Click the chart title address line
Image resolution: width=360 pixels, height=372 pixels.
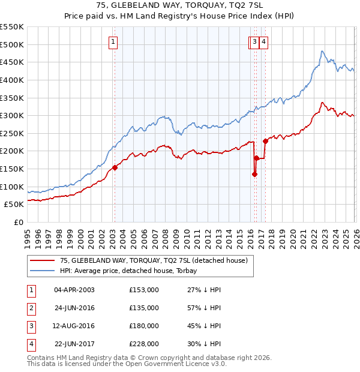(x=180, y=5)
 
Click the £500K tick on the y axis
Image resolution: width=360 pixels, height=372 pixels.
(x=12, y=44)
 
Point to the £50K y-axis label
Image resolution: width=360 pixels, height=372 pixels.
(x=14, y=205)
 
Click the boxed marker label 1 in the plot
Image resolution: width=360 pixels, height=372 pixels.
(x=113, y=41)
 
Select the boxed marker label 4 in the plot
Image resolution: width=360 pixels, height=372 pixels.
(x=264, y=41)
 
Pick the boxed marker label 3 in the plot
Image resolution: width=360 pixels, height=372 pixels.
(x=255, y=41)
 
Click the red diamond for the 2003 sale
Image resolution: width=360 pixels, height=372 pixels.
(x=115, y=168)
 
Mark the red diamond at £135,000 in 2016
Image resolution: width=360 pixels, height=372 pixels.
(x=254, y=174)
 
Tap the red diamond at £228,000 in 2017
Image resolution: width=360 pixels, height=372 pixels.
(x=265, y=141)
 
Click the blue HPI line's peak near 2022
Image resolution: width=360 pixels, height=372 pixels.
(x=322, y=52)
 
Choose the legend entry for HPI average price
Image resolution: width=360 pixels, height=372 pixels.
(x=132, y=271)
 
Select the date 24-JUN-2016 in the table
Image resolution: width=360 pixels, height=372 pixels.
(x=74, y=308)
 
